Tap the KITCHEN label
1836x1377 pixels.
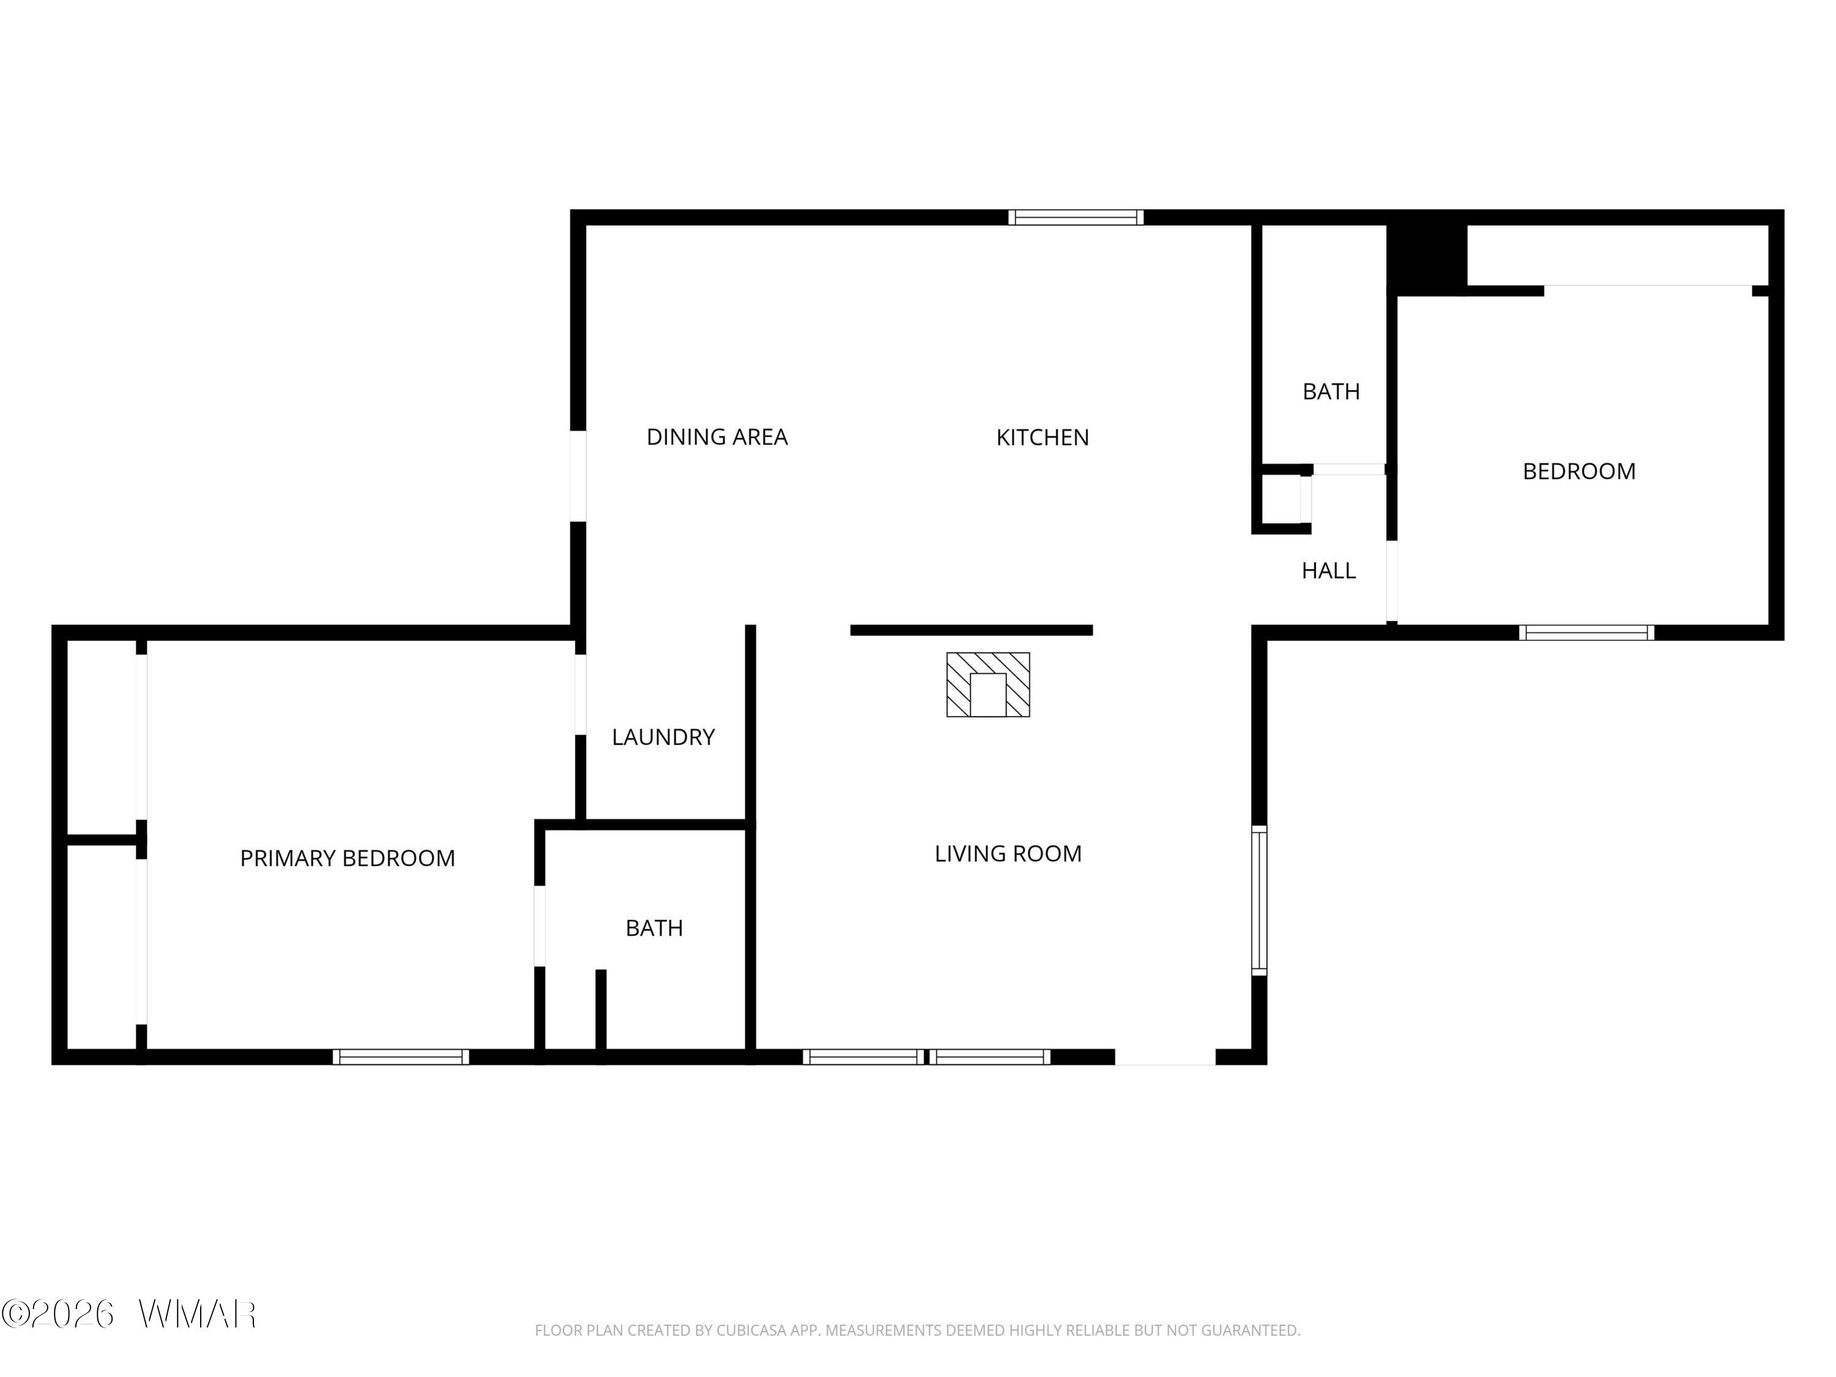pyautogui.click(x=1042, y=438)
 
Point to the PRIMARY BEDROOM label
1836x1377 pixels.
pyautogui.click(x=348, y=858)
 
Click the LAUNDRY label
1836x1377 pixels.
pyautogui.click(x=663, y=737)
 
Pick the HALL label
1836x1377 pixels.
pyautogui.click(x=1328, y=570)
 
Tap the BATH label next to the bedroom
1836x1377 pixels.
pyautogui.click(x=1330, y=391)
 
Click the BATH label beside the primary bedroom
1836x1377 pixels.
pyautogui.click(x=654, y=928)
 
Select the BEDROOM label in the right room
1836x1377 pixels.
pyautogui.click(x=1579, y=471)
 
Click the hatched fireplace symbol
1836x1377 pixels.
pyautogui.click(x=988, y=685)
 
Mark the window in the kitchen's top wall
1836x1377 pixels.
pyautogui.click(x=1076, y=217)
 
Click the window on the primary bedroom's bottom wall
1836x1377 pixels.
pyautogui.click(x=401, y=1056)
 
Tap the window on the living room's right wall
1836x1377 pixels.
pyautogui.click(x=1259, y=901)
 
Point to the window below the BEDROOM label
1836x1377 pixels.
pyautogui.click(x=1586, y=632)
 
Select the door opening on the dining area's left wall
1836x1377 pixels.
pyautogui.click(x=578, y=476)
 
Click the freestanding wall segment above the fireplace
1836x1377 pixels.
pyautogui.click(x=971, y=630)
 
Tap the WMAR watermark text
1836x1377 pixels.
pyautogui.click(x=198, y=1314)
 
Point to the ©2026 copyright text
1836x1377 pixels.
pyautogui.click(x=58, y=1314)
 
